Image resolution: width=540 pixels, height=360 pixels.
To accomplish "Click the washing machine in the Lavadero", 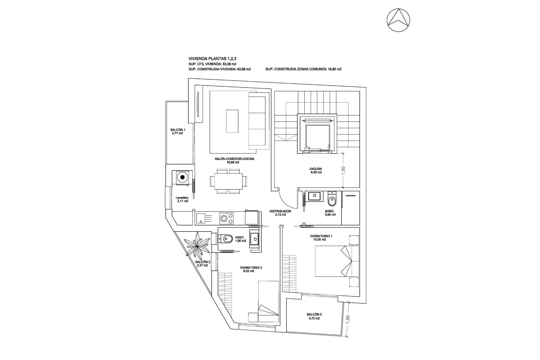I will [x=183, y=177].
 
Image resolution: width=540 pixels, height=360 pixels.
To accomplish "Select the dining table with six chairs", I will [x=226, y=181].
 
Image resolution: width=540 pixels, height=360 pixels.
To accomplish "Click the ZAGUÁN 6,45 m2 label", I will [x=315, y=170].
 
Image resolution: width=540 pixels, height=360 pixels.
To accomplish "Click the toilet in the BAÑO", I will [x=332, y=200].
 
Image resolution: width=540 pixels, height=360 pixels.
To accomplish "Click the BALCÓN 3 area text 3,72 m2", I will [x=314, y=318].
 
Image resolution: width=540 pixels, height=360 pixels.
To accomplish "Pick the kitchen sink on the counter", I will [x=201, y=219].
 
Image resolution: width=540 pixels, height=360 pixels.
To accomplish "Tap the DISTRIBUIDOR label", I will [x=280, y=211].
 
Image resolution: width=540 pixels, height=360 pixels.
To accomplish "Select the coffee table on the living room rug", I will [x=232, y=121].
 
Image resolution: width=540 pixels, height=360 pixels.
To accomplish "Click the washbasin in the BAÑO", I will [x=314, y=196].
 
